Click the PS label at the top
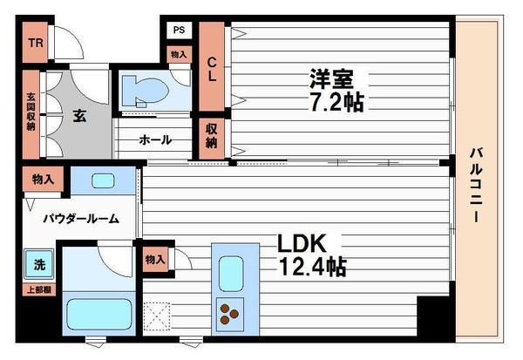[179, 30]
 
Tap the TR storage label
[36, 44]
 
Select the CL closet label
[212, 71]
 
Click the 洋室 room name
[330, 78]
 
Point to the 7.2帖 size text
[335, 102]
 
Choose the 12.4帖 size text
[311, 266]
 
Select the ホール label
[155, 139]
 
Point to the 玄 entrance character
[79, 116]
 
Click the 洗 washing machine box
[40, 264]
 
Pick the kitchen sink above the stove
[231, 274]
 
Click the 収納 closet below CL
[212, 136]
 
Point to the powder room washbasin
[102, 181]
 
